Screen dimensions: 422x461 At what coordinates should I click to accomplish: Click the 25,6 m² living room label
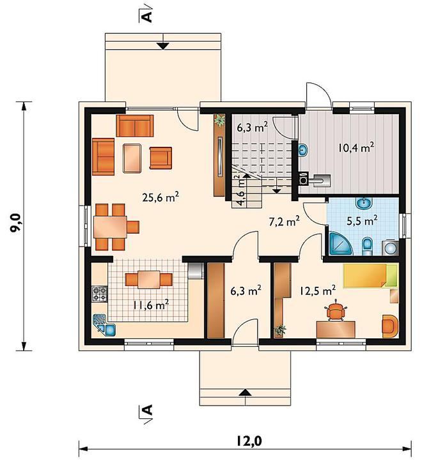click(x=160, y=197)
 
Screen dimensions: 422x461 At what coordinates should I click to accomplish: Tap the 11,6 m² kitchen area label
click(x=151, y=305)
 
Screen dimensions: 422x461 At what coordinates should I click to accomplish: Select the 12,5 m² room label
click(x=318, y=291)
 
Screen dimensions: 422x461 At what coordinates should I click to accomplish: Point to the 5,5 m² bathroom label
click(x=363, y=220)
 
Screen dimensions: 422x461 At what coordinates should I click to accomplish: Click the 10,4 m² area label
click(x=356, y=147)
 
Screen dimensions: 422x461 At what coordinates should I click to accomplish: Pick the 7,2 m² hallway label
click(x=285, y=222)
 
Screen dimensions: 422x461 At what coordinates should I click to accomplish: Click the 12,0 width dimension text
click(x=249, y=441)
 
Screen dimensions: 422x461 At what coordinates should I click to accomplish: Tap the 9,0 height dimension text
click(x=15, y=223)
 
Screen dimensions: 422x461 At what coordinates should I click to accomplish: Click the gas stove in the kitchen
click(x=100, y=294)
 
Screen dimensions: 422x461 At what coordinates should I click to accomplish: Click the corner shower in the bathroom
click(x=340, y=243)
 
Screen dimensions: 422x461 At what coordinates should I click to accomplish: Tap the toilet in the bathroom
click(x=367, y=246)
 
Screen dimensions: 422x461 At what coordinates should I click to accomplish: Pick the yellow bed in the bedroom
click(x=370, y=275)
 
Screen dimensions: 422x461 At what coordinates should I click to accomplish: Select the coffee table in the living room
click(x=132, y=158)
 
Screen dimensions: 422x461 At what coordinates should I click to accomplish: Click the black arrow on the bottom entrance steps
click(x=245, y=393)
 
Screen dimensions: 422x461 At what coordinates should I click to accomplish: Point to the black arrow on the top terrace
click(x=162, y=46)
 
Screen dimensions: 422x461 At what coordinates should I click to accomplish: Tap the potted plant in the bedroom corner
click(x=280, y=329)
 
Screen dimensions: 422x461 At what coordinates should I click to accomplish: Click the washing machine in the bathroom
click(x=390, y=248)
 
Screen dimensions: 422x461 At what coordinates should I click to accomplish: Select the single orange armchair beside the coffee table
click(x=160, y=158)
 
